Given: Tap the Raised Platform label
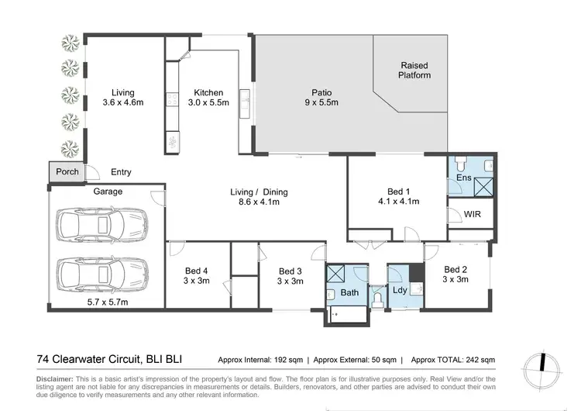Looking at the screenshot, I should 414,70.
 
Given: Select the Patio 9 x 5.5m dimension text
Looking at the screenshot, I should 318,102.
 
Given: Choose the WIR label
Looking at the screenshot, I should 473,215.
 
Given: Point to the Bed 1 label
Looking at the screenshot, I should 403,195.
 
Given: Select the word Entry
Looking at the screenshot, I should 122,172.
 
